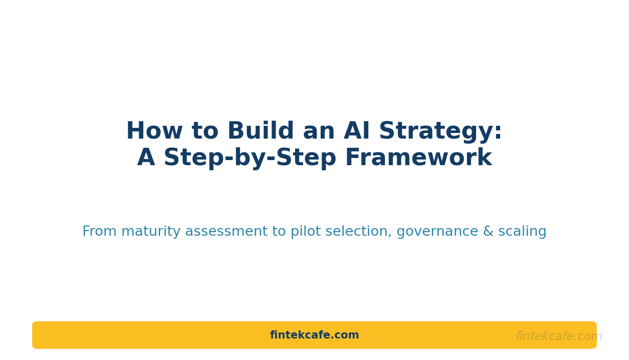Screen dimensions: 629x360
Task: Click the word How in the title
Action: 154,130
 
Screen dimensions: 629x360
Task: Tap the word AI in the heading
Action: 356,130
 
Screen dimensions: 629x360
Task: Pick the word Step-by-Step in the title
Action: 250,159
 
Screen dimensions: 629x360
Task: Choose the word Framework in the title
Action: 419,157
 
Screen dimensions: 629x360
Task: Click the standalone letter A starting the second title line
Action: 146,157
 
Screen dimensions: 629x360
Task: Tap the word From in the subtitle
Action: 99,231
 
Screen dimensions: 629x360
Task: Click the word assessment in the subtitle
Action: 227,232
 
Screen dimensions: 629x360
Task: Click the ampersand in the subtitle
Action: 488,231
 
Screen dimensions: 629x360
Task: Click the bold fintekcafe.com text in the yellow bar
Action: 314,335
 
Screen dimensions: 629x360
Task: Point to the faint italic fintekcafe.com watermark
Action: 559,336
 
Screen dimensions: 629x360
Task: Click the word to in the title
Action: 205,131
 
